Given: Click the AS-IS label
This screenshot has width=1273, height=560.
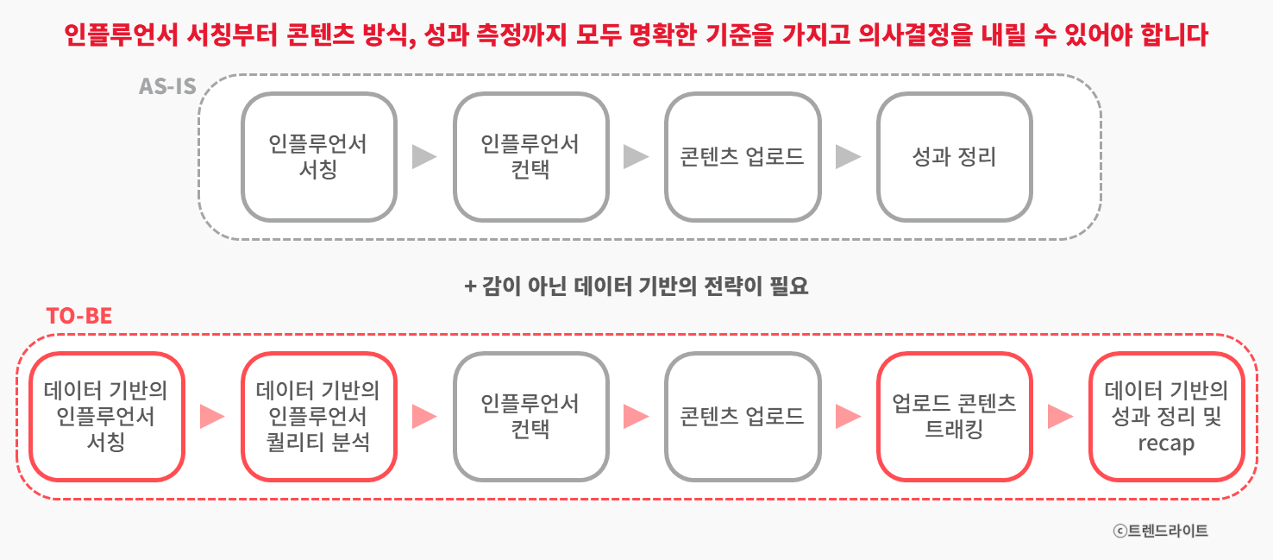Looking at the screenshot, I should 167,87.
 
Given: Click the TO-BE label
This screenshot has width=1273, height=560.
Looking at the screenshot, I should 79,316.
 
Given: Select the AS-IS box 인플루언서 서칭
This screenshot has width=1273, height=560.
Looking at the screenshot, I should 318,156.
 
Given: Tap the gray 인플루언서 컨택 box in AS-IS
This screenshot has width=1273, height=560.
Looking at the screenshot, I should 530,156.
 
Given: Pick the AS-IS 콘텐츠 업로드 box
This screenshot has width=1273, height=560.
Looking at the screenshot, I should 742,156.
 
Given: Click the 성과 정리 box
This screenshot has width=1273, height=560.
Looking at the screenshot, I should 954,156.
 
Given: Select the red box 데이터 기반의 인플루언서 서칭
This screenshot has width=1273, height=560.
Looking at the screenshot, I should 106,417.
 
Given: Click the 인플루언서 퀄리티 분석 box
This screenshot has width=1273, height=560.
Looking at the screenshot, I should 318,417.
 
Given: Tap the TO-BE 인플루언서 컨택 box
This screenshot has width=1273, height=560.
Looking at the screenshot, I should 530,417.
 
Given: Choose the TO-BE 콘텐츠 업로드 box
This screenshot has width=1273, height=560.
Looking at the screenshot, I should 742,417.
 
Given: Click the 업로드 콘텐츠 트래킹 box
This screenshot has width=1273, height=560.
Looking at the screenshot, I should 954,417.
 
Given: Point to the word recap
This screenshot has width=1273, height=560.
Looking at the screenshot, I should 1166,444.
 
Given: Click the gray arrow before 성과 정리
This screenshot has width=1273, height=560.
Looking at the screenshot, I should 849,157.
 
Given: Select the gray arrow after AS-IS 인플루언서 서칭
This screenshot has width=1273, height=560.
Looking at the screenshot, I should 424,157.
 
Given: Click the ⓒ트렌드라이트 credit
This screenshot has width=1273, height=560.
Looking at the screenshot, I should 1161,531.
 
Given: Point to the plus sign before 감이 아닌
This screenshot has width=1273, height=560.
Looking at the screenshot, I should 470,286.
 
